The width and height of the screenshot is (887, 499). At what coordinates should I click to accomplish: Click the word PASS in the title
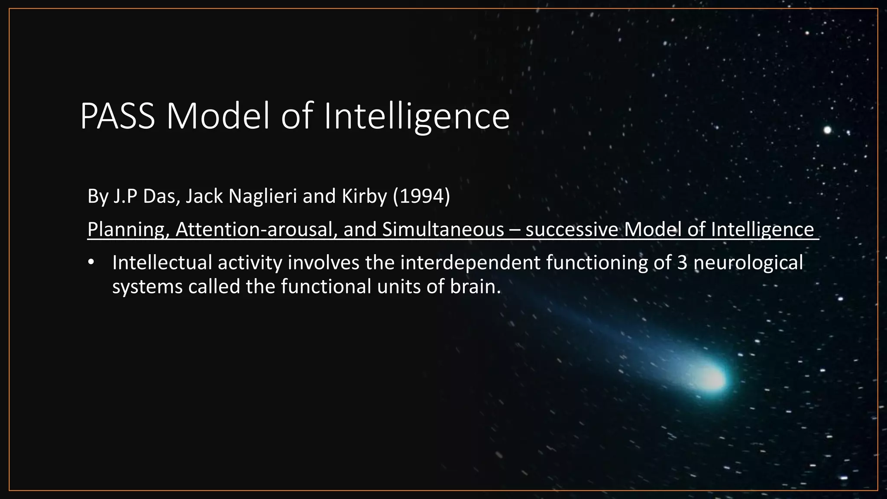point(117,117)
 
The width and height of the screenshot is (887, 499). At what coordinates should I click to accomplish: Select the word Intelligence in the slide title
point(417,117)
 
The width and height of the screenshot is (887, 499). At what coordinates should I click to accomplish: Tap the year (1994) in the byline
point(421,196)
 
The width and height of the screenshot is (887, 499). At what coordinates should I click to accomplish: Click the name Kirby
point(364,196)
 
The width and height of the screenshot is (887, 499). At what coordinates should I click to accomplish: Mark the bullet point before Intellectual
point(91,263)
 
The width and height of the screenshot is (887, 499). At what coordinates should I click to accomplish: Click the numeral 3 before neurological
point(682,263)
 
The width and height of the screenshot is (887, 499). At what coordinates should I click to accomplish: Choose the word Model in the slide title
point(218,117)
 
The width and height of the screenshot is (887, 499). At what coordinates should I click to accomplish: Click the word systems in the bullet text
point(147,286)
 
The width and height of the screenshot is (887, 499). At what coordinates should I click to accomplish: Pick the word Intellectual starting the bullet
point(162,263)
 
